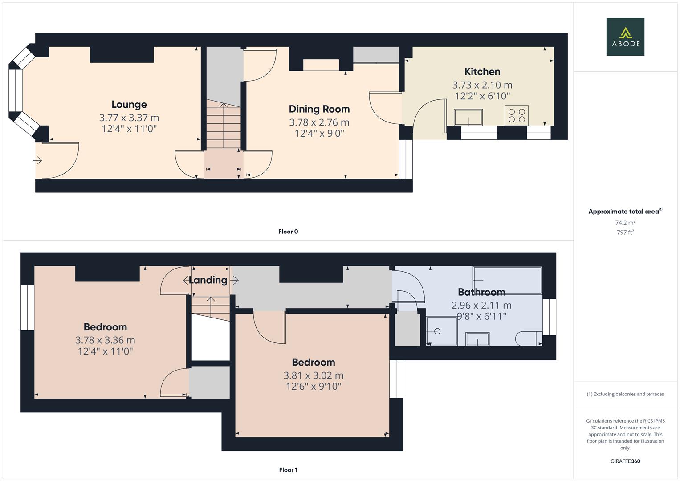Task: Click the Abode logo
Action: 625,37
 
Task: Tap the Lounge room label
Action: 129,105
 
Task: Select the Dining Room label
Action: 319,109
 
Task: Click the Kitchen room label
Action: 482,72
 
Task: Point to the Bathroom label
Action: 481,292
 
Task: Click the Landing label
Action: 208,280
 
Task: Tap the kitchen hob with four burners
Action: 517,115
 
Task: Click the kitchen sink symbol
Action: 468,117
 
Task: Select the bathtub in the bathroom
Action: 508,281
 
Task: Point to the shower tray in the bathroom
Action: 441,331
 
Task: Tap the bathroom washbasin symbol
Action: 477,339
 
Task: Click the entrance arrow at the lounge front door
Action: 37,160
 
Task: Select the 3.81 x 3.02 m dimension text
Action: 314,375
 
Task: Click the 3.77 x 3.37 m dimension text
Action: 129,118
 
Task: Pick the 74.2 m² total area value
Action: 625,223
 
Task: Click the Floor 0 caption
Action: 288,232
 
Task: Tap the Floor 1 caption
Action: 288,470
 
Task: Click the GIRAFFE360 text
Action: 625,461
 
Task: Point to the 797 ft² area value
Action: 625,232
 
